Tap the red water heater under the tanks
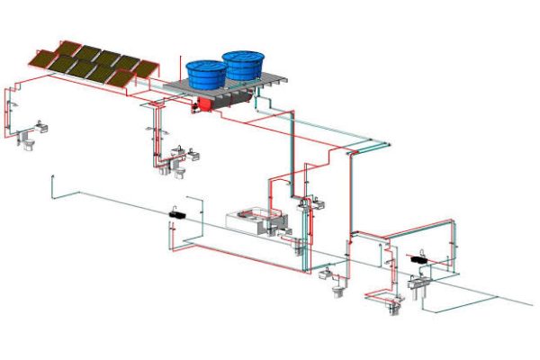[x=204, y=104]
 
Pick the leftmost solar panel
[x=44, y=58]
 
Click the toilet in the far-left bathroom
[x=28, y=143]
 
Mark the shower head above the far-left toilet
[x=13, y=105]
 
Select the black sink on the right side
[x=418, y=258]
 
